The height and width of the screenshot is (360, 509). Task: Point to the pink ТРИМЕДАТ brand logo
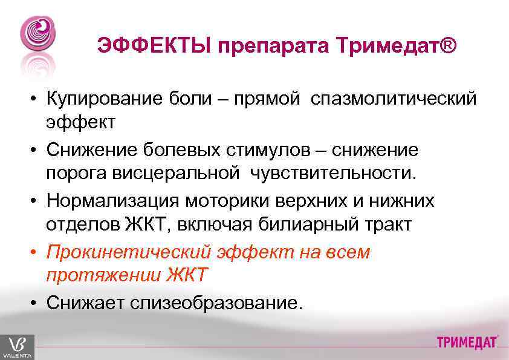click(x=468, y=342)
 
